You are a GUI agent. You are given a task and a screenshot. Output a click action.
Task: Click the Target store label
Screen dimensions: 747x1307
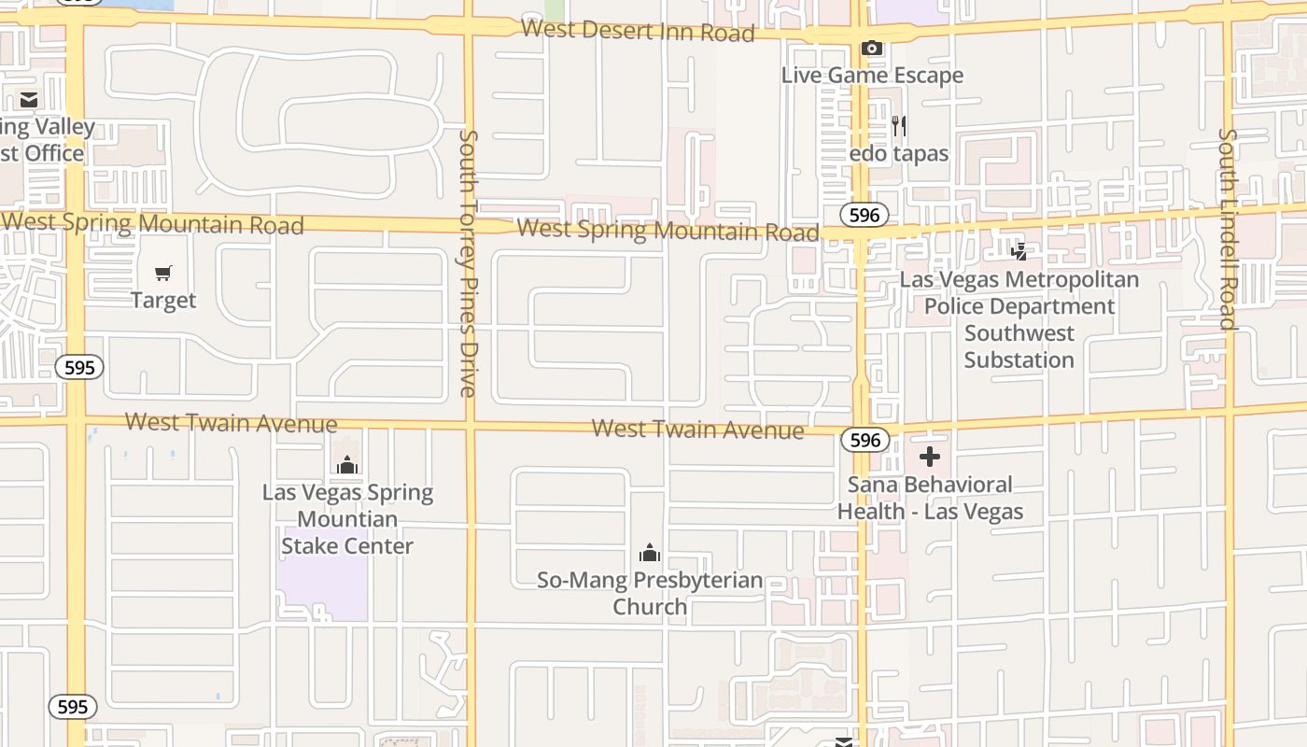163,301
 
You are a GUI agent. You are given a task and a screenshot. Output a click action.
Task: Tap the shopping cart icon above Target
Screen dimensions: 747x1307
163,274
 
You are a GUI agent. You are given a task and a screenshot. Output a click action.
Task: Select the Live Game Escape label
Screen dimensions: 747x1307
872,76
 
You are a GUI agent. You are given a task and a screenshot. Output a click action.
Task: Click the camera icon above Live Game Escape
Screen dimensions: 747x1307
872,49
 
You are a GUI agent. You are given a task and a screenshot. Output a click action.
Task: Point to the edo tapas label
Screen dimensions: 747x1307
899,153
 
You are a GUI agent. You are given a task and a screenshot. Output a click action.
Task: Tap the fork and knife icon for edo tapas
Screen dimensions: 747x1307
899,126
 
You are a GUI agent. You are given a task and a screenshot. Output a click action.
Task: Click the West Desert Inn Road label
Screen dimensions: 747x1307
638,30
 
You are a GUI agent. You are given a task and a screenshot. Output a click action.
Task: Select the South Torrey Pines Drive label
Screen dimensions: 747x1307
469,262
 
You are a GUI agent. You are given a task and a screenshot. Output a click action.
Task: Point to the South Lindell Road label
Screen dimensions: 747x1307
1228,229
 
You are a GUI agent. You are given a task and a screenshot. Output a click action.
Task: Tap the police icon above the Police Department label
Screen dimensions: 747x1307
1019,251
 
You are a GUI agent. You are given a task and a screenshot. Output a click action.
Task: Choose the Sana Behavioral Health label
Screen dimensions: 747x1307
930,498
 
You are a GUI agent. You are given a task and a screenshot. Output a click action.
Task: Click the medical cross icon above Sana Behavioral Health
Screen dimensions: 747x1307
930,457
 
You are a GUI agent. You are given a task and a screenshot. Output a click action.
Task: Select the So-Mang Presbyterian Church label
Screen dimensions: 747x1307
650,593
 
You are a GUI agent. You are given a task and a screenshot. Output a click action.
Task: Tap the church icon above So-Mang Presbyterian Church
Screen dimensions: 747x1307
650,553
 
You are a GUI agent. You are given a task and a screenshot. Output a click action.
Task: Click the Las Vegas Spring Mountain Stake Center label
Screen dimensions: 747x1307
347,519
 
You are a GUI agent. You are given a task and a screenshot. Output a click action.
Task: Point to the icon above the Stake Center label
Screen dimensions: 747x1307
347,464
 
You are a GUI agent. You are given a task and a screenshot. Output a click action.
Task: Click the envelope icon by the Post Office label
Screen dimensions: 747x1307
29,99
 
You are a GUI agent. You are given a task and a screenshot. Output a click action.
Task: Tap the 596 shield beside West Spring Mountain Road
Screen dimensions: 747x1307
864,215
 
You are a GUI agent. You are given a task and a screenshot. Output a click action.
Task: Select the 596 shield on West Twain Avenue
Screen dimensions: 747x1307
864,440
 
